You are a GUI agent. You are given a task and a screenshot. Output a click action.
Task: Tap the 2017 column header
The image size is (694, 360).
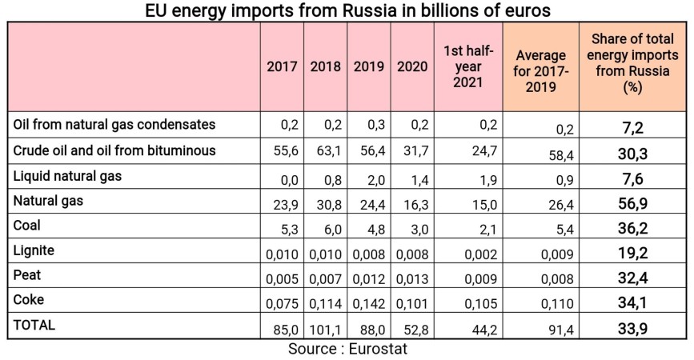(x=283, y=67)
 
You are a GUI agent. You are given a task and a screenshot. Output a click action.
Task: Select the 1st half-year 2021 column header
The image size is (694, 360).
(x=468, y=67)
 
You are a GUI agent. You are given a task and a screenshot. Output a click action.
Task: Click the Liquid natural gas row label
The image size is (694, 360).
(x=68, y=175)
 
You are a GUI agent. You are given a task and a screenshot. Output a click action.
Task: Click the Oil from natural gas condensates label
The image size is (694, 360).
(x=115, y=125)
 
